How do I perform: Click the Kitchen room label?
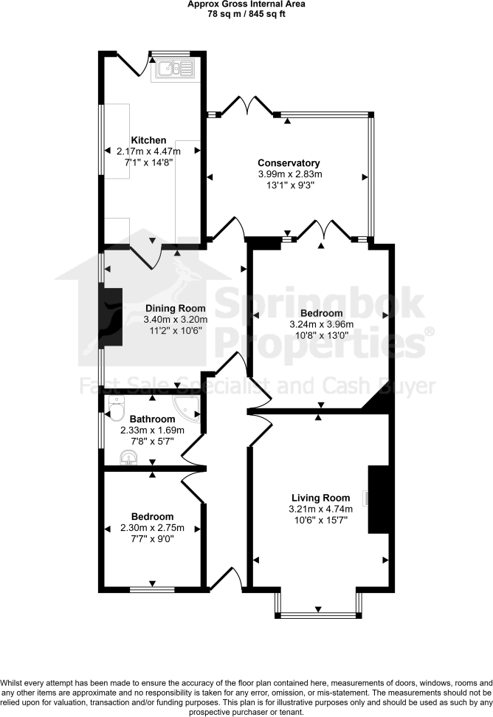(148, 140)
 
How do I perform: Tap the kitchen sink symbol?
(174, 69)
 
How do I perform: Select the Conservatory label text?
(288, 163)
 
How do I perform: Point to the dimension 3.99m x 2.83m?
(290, 174)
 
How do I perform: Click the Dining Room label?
(176, 309)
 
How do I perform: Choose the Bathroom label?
(153, 419)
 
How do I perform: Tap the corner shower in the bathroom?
(189, 408)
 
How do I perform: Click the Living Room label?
(320, 498)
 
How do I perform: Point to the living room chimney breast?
(378, 499)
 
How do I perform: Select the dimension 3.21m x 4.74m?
(321, 509)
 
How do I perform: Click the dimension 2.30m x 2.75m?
(152, 528)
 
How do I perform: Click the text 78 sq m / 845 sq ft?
(246, 13)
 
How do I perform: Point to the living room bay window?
(317, 614)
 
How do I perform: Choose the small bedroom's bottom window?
(153, 589)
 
